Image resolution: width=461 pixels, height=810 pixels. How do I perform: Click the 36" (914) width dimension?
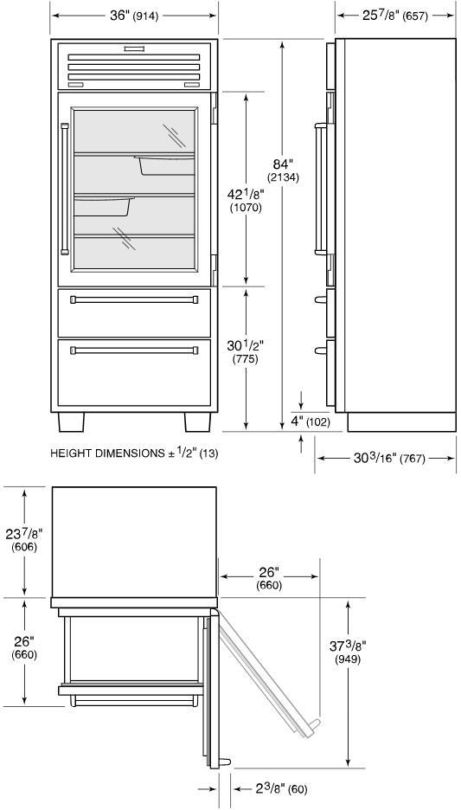pos(134,16)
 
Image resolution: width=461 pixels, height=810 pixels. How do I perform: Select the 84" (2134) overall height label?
pos(283,170)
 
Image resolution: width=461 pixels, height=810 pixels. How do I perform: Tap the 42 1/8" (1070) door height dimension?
pos(246,201)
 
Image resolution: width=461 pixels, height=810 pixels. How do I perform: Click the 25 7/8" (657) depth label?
pos(395,16)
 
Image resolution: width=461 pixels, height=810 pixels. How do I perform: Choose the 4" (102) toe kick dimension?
pos(311,421)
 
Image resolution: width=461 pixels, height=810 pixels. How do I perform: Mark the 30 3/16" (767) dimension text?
pos(389,458)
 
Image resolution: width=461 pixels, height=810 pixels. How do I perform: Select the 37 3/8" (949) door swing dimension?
pos(348,652)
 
